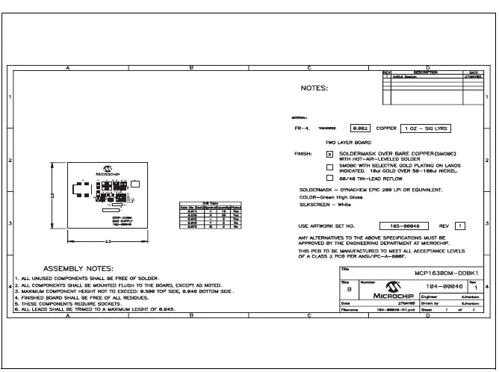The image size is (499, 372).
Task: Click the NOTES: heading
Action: [314, 88]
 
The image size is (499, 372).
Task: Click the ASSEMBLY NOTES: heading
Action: [78, 268]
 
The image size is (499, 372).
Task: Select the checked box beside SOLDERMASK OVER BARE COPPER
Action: [329, 154]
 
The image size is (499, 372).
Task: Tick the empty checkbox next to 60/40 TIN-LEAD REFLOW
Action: [329, 178]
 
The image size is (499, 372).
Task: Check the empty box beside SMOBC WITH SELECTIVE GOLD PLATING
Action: [329, 166]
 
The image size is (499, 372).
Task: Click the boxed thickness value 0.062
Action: [362, 128]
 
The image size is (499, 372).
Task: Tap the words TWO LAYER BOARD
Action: [349, 141]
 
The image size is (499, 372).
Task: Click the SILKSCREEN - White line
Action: [325, 204]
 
